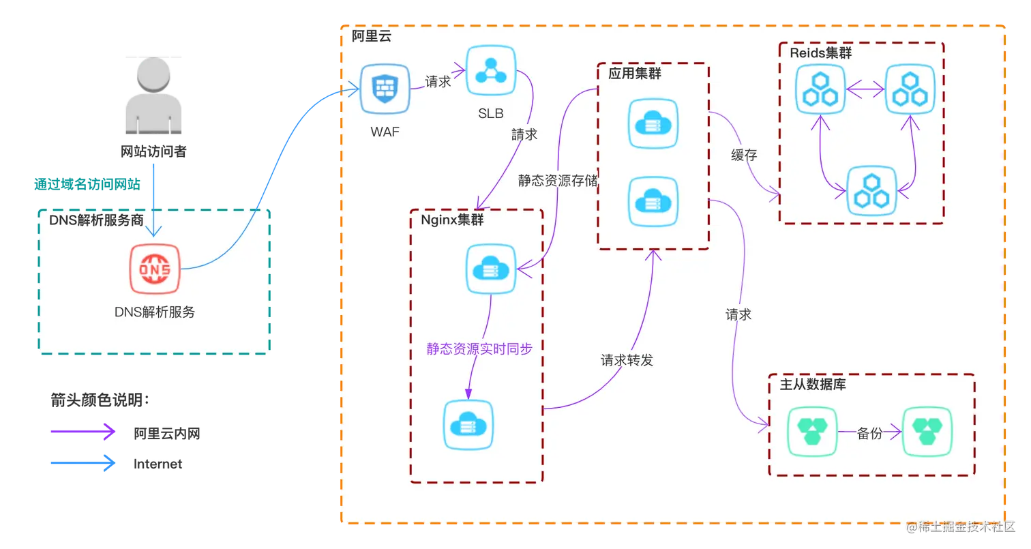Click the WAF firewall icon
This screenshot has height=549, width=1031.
pyautogui.click(x=384, y=89)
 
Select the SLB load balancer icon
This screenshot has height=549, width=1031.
pyautogui.click(x=490, y=70)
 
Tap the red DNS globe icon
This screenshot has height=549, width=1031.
pyautogui.click(x=155, y=269)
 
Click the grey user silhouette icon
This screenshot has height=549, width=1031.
pyautogui.click(x=153, y=95)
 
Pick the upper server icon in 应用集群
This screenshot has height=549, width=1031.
pyautogui.click(x=653, y=123)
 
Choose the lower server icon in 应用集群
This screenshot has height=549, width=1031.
pyautogui.click(x=653, y=202)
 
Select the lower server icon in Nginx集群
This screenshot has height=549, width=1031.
pyautogui.click(x=468, y=424)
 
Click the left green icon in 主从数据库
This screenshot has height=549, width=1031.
pyautogui.click(x=811, y=432)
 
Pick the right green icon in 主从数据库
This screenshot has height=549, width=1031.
pyautogui.click(x=927, y=432)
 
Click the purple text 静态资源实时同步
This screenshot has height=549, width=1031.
pyautogui.click(x=479, y=348)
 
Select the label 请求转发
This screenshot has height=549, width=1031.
pyautogui.click(x=627, y=360)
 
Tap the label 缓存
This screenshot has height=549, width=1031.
pyautogui.click(x=744, y=155)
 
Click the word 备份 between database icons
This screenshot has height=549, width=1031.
pyautogui.click(x=869, y=433)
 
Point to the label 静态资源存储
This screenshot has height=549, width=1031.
pyautogui.click(x=558, y=181)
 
